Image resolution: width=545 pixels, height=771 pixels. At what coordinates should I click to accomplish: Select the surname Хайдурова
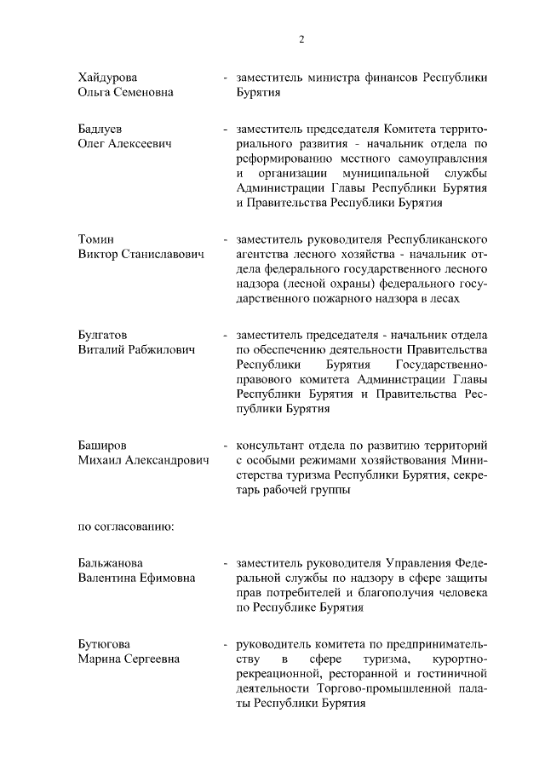[107, 78]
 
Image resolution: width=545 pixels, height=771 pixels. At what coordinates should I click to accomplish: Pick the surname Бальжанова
[110, 563]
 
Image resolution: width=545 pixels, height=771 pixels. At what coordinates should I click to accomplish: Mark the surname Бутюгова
[106, 643]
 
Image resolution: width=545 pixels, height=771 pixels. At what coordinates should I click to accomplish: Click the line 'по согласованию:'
[126, 526]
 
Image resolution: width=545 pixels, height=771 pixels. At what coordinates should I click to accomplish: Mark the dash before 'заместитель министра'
[225, 78]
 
